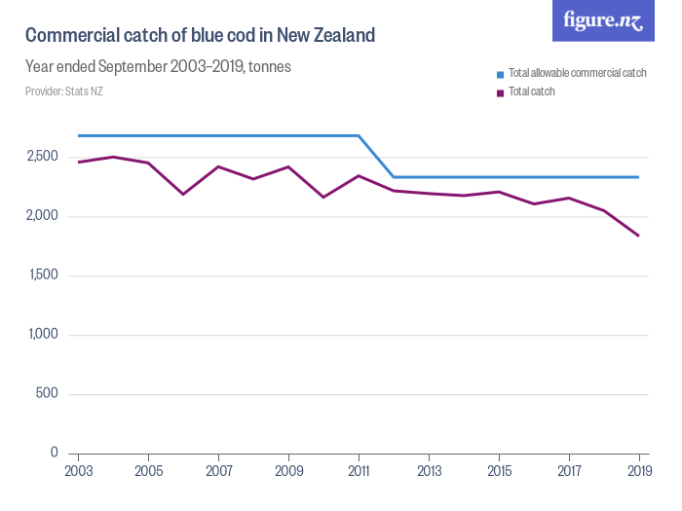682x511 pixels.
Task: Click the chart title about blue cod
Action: (x=200, y=36)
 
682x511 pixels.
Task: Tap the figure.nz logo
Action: (x=603, y=20)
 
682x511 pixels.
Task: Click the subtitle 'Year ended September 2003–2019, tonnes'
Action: (x=158, y=67)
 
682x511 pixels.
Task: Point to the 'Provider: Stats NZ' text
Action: (x=64, y=91)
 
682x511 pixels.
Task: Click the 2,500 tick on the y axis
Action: (x=42, y=157)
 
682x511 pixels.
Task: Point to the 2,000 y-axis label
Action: (x=42, y=216)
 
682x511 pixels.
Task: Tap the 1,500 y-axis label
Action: (x=42, y=275)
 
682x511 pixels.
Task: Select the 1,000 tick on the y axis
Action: (x=42, y=335)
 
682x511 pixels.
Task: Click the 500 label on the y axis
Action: (x=47, y=394)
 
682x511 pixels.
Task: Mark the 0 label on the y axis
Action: (x=54, y=454)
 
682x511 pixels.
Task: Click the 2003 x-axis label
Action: (x=78, y=472)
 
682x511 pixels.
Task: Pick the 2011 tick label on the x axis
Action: (x=359, y=472)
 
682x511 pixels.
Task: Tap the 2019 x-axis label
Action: (x=639, y=472)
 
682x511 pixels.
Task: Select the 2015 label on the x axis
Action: (x=499, y=472)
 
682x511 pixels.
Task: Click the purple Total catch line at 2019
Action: (x=639, y=236)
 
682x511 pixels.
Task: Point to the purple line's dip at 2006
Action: (x=183, y=195)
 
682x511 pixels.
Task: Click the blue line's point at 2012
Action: (x=394, y=177)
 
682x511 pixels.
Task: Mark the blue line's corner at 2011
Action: (x=359, y=135)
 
